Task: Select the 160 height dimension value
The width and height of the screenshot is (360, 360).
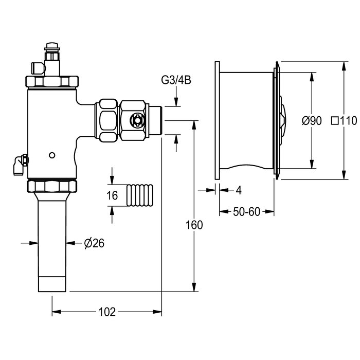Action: coord(195,225)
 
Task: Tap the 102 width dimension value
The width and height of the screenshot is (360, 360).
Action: coord(107,312)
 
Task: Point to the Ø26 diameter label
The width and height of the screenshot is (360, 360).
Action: coord(94,244)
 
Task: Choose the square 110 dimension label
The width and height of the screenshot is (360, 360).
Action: coord(345,121)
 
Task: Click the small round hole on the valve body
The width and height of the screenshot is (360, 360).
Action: coord(51,155)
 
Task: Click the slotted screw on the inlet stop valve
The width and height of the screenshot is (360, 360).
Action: coord(137,120)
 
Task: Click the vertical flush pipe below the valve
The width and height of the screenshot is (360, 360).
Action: coord(51,242)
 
